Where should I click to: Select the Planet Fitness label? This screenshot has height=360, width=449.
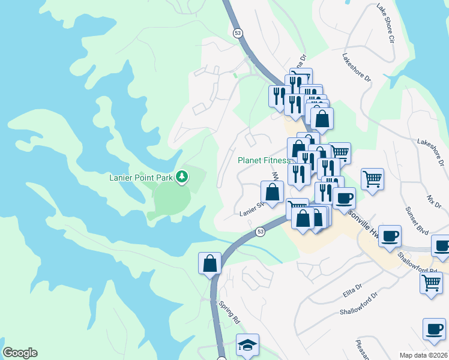[264, 160]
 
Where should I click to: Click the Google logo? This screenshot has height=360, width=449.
[20, 353]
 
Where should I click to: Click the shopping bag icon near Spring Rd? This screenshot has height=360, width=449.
[210, 263]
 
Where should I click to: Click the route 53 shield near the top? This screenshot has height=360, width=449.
[239, 34]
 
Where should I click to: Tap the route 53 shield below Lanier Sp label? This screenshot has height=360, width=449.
[260, 231]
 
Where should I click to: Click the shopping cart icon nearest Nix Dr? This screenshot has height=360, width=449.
[372, 178]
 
